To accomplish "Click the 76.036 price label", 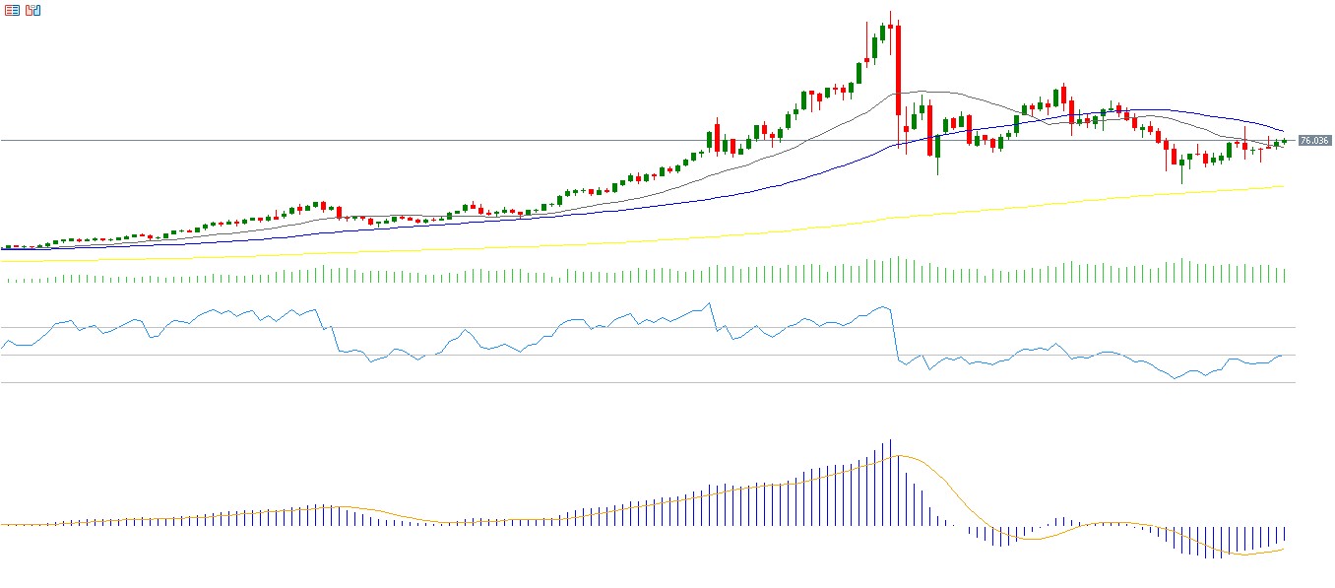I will tap(1314, 141).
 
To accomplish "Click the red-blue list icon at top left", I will tap(12, 10).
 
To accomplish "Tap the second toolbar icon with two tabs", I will tap(33, 10).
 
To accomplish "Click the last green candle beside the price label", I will tap(1284, 142).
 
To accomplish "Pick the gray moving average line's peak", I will tap(921, 92).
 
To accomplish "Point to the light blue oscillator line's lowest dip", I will tap(1176, 378).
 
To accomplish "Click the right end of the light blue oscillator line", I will tap(1282, 356).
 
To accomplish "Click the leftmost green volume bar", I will tap(9, 281).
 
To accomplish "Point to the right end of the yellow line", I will tap(1284, 186).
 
